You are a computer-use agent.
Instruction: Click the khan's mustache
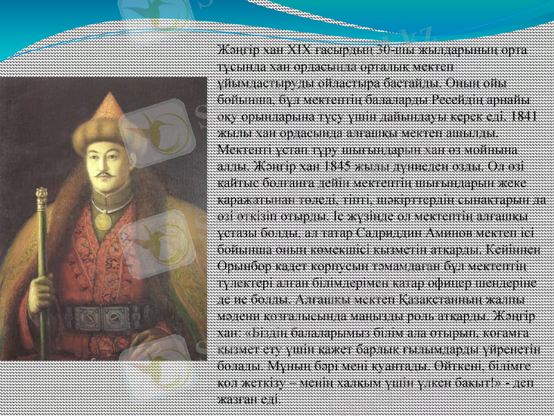point(103,171)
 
